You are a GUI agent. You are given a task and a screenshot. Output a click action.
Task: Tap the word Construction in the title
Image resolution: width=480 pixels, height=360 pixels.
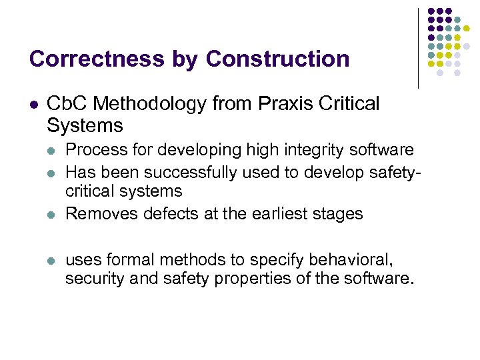tap(278, 59)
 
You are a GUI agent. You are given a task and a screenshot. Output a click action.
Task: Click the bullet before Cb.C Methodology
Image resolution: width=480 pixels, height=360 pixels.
tap(33, 105)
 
